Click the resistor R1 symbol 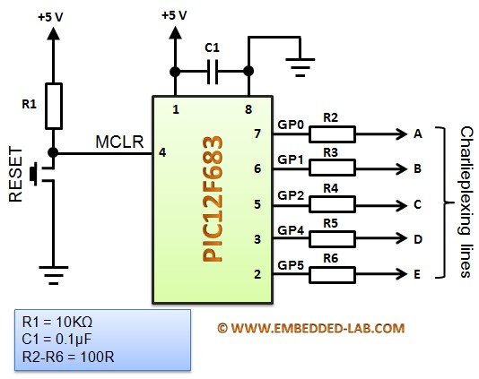pos(54,106)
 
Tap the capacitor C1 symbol pos(213,72)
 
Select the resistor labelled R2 pos(332,134)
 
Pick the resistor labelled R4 pos(332,204)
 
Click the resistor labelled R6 pos(332,275)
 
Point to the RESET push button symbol pos(42,175)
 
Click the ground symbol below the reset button pos(54,275)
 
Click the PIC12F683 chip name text pos(213,199)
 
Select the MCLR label pos(119,142)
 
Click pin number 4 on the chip pos(162,152)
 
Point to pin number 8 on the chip pos(248,109)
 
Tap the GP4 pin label pos(291,230)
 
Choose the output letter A pos(418,134)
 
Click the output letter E pos(417,275)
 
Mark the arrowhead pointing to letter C pos(401,205)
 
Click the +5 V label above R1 pos(50,17)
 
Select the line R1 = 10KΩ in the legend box pos(57,322)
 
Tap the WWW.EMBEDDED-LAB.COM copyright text pos(311,328)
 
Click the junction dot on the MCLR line pos(53,152)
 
